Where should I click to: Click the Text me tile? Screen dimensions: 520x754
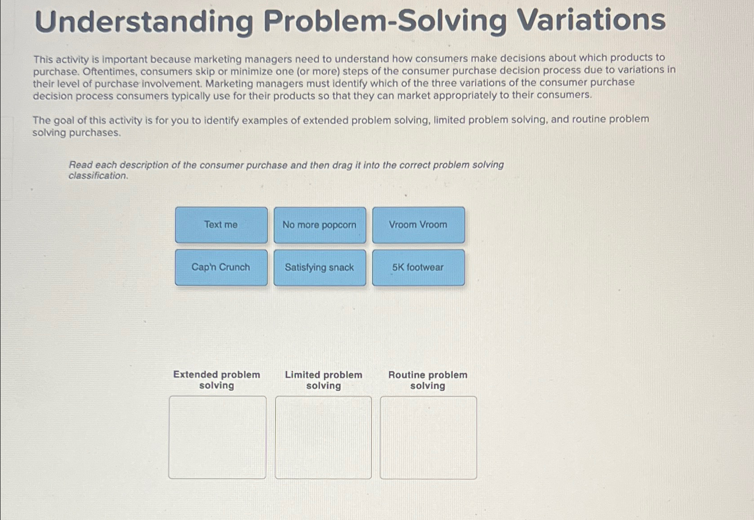(x=221, y=225)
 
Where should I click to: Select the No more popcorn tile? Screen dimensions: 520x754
(x=319, y=225)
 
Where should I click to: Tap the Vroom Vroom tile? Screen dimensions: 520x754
(x=418, y=225)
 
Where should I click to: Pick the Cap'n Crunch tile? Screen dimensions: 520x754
(x=221, y=267)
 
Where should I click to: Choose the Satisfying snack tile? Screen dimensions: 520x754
(x=319, y=267)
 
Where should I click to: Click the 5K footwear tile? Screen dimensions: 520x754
(x=418, y=267)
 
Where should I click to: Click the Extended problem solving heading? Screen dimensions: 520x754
(x=217, y=380)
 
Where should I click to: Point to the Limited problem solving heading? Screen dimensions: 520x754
(x=323, y=380)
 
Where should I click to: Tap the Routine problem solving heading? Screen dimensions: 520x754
(x=428, y=380)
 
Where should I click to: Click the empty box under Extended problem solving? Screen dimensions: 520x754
(x=217, y=437)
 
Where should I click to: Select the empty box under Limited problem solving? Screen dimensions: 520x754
(x=323, y=437)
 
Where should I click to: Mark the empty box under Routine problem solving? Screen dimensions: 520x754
(x=428, y=437)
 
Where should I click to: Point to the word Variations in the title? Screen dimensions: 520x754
(x=591, y=21)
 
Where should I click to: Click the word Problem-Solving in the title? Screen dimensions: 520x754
(x=385, y=21)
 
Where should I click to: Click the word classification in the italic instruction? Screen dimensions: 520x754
(x=98, y=176)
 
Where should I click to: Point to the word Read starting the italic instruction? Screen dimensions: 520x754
(x=80, y=165)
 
